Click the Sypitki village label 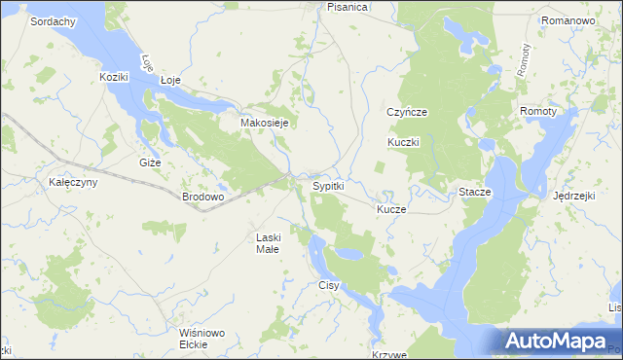click(x=327, y=186)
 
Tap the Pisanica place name click(x=348, y=7)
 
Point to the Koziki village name click(x=115, y=76)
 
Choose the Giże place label click(x=150, y=162)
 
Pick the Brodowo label click(x=203, y=197)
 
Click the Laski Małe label click(x=268, y=243)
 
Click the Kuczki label click(x=403, y=142)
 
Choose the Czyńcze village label click(x=407, y=112)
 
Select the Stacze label click(x=475, y=193)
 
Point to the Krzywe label click(x=388, y=355)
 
